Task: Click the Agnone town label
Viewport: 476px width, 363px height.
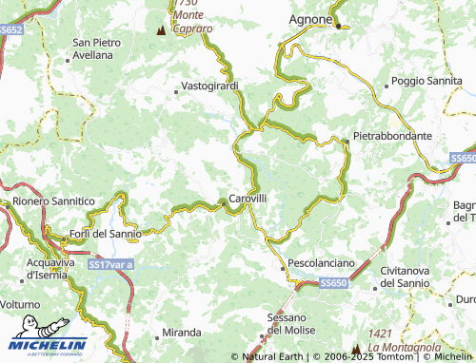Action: tap(310, 19)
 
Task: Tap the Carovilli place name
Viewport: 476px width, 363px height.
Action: tap(248, 199)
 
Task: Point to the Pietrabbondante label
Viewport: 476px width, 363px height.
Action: tap(392, 136)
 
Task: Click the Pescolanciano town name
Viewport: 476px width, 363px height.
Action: tap(321, 261)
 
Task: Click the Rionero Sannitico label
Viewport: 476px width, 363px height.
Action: tap(53, 201)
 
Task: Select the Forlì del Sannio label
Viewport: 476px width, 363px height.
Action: tap(106, 234)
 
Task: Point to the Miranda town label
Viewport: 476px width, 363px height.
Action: tap(181, 333)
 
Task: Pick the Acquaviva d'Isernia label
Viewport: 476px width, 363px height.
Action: tap(55, 268)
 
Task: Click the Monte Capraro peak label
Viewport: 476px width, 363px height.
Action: tap(193, 19)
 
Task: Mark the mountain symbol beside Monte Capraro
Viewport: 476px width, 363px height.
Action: tap(160, 29)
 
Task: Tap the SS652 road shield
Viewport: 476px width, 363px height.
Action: tap(10, 29)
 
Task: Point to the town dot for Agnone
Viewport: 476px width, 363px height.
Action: tap(338, 26)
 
